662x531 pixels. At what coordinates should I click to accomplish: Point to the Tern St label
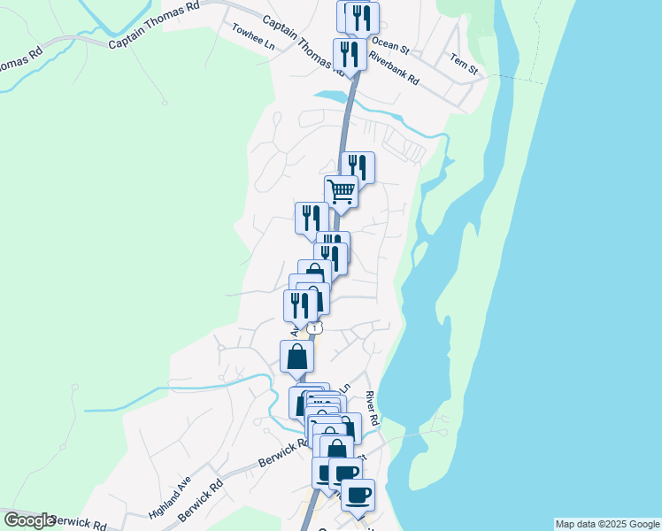point(464,63)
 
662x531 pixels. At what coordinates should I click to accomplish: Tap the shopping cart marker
point(341,189)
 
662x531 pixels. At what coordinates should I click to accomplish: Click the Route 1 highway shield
point(314,327)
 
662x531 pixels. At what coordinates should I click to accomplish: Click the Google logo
point(29,519)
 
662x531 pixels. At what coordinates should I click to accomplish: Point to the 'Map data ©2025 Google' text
point(607,524)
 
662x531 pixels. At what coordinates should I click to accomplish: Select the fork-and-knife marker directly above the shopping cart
point(358,166)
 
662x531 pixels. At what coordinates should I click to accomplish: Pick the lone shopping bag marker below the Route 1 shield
point(297,356)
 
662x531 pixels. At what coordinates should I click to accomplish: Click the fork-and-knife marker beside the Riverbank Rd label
point(350,53)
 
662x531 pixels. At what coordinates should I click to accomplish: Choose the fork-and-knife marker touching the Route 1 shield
point(300,305)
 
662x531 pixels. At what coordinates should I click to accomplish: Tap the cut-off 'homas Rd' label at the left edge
point(20,65)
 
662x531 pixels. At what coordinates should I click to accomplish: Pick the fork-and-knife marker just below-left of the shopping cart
point(312,217)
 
